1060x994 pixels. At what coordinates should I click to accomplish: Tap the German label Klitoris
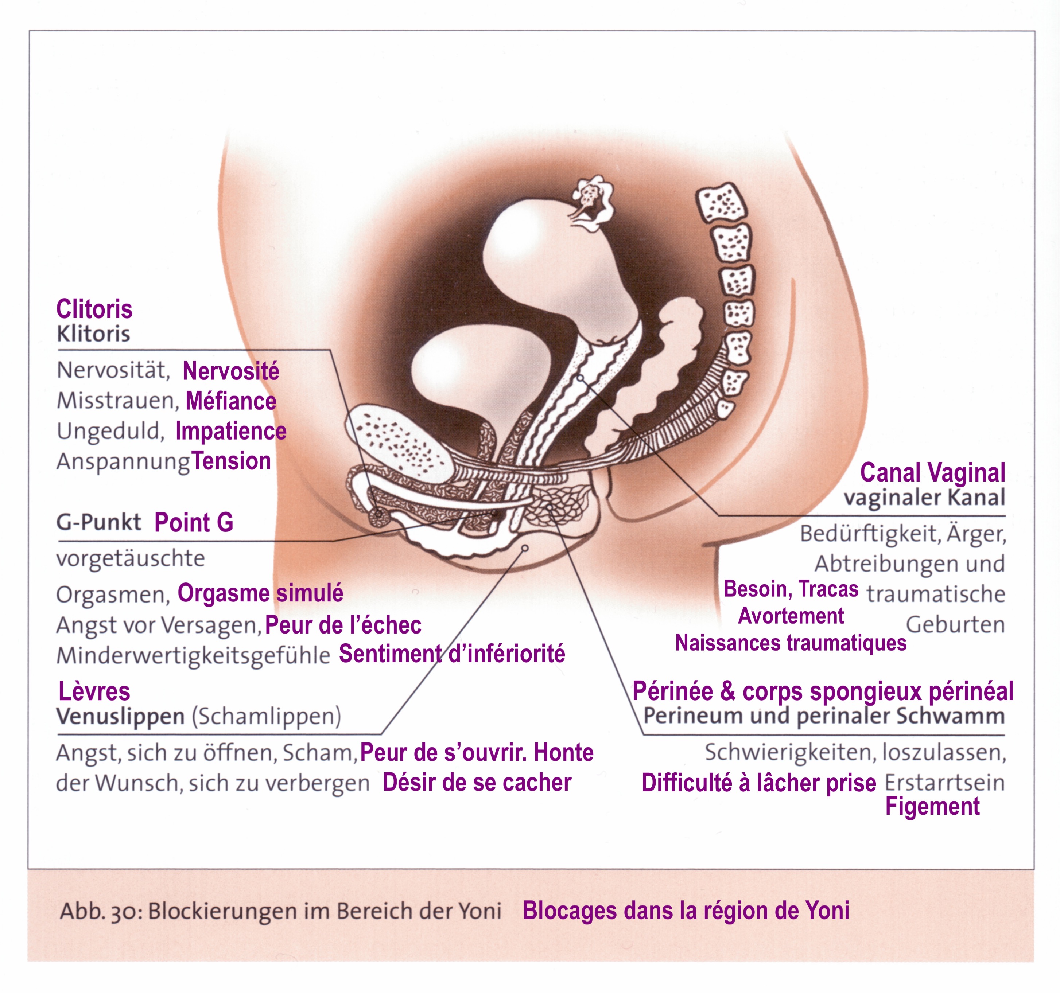[x=93, y=334]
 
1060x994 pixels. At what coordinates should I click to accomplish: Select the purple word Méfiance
[x=231, y=401]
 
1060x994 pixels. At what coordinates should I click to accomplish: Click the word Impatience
[x=231, y=431]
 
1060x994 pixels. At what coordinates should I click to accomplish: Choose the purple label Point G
[x=194, y=522]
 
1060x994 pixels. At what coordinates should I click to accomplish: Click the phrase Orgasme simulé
[x=260, y=593]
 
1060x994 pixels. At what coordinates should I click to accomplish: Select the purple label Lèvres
[x=94, y=692]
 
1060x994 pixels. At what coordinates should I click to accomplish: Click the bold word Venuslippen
[x=120, y=716]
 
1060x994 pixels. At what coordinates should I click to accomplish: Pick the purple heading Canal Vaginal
[x=933, y=473]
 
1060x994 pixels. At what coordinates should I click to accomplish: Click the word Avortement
[x=791, y=616]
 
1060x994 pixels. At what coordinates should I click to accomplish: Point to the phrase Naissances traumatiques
[x=791, y=643]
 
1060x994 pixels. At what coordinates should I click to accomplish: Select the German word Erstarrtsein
[x=945, y=783]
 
